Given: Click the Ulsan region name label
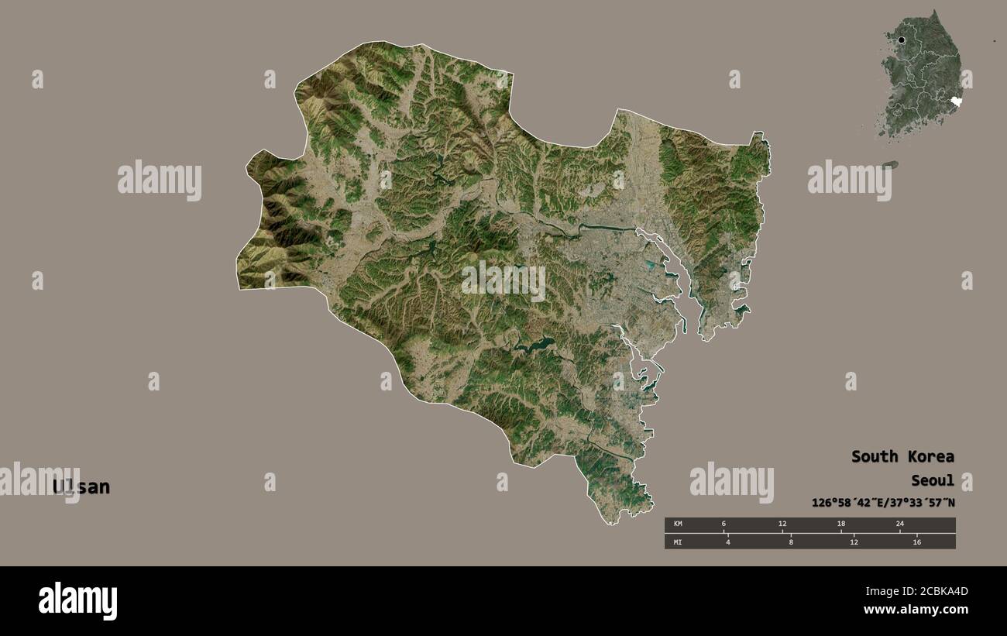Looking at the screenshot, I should tap(81, 487).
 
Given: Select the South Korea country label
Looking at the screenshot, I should tap(902, 456).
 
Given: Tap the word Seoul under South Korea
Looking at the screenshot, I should tap(933, 481).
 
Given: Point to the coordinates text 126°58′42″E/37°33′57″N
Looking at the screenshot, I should tap(883, 503).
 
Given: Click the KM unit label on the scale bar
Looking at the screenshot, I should tap(679, 524).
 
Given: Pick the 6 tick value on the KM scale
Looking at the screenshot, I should tap(723, 524).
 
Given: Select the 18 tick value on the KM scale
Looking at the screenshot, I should tap(840, 524).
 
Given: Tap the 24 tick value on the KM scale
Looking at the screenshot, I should tap(899, 524).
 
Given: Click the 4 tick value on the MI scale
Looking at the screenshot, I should tap(728, 541).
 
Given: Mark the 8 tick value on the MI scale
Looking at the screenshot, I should tap(791, 541).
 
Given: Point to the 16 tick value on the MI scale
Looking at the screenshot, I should tap(916, 541).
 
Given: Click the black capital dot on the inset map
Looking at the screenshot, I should tap(902, 40).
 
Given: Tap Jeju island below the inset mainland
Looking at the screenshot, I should tap(891, 165).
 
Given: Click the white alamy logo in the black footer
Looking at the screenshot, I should tap(77, 601).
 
